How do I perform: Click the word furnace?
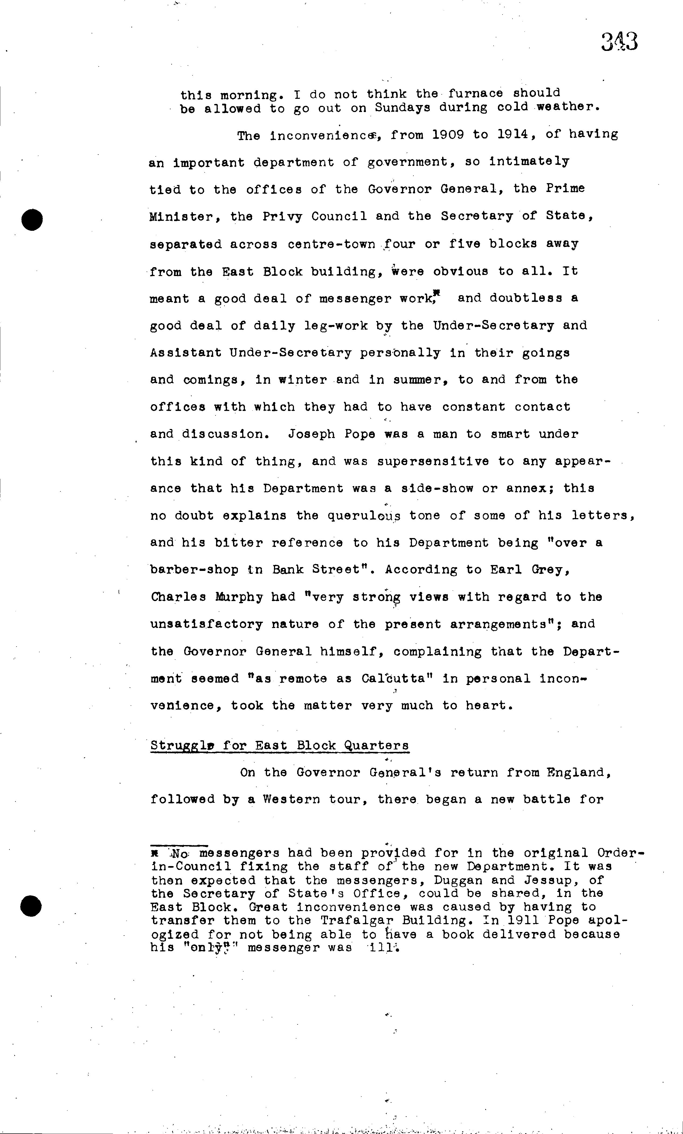(x=476, y=93)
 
